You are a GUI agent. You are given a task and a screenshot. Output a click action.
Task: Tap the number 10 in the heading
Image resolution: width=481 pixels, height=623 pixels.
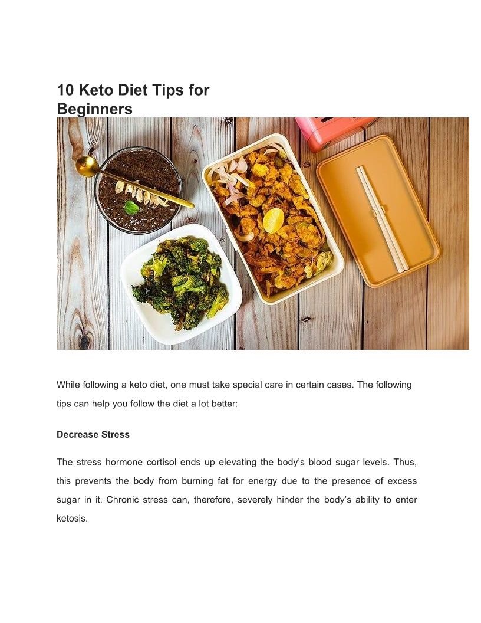click(65, 90)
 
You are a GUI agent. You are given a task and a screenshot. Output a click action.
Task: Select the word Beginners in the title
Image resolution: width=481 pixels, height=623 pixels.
click(94, 109)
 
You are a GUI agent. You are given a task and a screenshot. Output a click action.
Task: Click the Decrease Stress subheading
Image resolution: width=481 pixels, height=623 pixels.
click(93, 434)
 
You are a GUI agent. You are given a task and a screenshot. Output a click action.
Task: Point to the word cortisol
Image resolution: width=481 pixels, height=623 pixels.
click(162, 462)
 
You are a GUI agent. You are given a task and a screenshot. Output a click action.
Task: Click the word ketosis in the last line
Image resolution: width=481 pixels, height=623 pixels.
click(72, 519)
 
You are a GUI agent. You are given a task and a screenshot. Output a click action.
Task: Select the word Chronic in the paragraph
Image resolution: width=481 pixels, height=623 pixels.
click(122, 500)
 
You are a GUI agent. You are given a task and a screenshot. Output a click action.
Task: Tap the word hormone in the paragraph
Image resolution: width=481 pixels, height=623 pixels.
click(124, 462)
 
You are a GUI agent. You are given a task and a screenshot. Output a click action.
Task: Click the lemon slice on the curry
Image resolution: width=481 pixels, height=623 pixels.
click(274, 221)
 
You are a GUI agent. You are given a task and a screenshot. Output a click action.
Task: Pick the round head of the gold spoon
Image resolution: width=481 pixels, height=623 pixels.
click(87, 166)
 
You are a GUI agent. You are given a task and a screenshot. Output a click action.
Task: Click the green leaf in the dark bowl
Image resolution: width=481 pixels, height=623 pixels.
click(131, 207)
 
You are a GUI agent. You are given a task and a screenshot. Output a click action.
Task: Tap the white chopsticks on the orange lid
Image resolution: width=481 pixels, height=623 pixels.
click(382, 219)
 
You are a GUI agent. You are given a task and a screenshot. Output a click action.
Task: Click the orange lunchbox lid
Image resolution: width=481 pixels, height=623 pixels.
click(378, 211)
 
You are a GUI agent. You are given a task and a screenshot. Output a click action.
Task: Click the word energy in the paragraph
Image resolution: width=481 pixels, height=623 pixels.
click(262, 481)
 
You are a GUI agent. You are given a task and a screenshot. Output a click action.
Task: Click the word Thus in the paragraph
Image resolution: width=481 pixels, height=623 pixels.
click(405, 462)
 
